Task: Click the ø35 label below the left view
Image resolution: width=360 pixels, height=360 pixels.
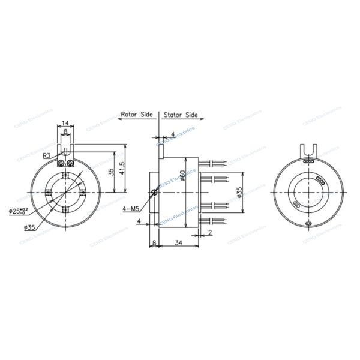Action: point(30,227)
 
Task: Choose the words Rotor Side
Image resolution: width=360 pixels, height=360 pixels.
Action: point(137,114)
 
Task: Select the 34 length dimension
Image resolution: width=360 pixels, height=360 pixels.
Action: point(178,242)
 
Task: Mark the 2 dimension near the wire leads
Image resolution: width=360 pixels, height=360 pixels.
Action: point(210,231)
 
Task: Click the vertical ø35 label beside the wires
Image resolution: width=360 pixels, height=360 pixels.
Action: point(239,193)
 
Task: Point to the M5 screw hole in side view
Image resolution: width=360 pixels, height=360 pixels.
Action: point(155,192)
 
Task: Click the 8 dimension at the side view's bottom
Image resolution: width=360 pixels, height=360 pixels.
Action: point(154,242)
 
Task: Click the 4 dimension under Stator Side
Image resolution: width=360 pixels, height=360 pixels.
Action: point(173,134)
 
